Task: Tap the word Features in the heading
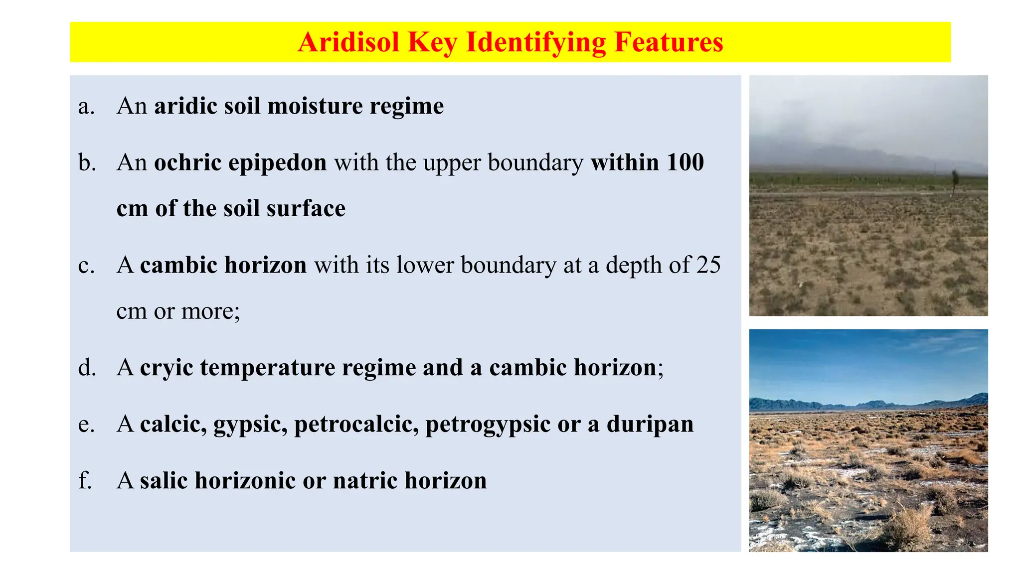(x=669, y=42)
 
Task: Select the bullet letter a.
(x=86, y=107)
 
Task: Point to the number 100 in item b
(x=685, y=162)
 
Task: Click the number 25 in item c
(x=708, y=265)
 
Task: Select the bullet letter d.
(x=87, y=368)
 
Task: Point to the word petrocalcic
(x=356, y=425)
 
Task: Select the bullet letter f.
(x=85, y=481)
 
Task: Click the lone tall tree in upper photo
(x=954, y=180)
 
